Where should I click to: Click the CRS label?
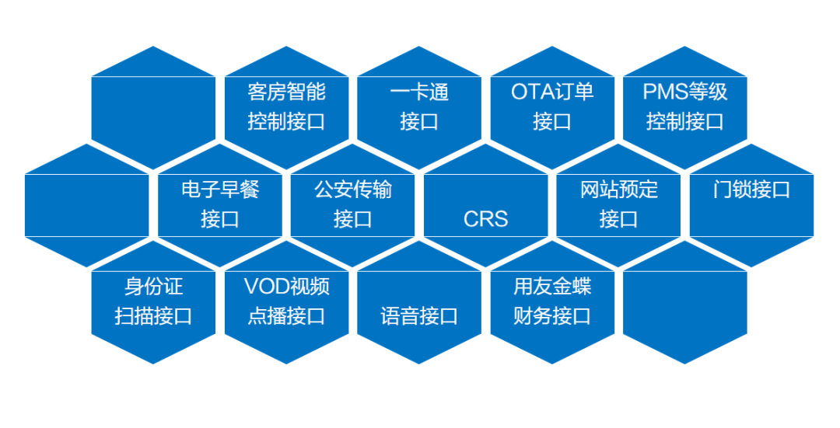[485, 219]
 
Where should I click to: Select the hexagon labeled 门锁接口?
[751, 205]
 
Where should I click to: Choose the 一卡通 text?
[419, 92]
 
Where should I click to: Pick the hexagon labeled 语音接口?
[419, 302]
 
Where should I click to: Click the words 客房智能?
[286, 92]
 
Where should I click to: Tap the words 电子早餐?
[220, 190]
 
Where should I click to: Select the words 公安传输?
[352, 190]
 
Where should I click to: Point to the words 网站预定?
[619, 190]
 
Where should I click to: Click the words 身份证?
[154, 287]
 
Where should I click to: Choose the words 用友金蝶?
[552, 287]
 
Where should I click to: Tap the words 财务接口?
[552, 316]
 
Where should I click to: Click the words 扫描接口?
[154, 316]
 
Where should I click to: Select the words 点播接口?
[286, 316]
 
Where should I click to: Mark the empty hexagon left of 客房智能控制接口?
[153, 107]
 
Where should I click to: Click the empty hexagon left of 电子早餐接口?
[87, 205]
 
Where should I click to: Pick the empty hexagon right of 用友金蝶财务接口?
[684, 302]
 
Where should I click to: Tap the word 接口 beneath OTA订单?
[552, 121]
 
